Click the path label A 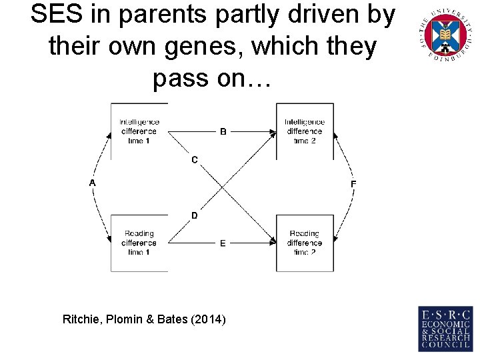tap(93, 183)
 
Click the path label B tap(223, 132)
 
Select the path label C tap(194, 160)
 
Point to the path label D tap(194, 215)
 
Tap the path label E tap(223, 243)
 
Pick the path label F tap(353, 184)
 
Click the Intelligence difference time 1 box tap(139, 131)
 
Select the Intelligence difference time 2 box tap(305, 131)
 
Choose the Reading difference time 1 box tap(139, 243)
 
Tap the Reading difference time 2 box tap(305, 243)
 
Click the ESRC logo tap(445, 328)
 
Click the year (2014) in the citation tap(209, 320)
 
